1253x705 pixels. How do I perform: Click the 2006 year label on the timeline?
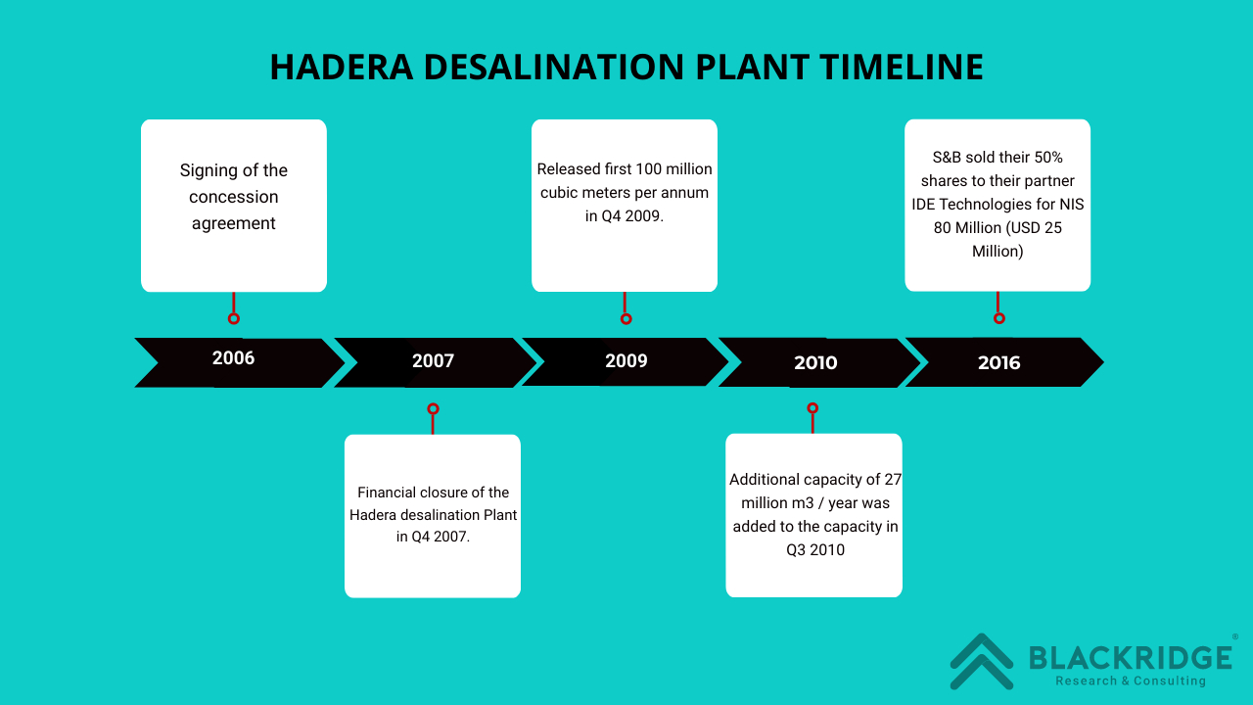(233, 358)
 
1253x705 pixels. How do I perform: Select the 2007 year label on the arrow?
(433, 361)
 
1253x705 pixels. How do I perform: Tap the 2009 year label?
(626, 361)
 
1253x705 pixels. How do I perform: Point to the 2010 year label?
(815, 363)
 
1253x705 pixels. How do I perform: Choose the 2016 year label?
(999, 363)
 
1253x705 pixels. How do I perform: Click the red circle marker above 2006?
(234, 318)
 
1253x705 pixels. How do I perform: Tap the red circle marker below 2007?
(433, 408)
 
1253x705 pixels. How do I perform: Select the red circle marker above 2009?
(626, 319)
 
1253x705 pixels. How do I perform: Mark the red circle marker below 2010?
(812, 408)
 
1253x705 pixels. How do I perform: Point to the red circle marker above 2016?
(999, 318)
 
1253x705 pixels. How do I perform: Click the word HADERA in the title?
(342, 68)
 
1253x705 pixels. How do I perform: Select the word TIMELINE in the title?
(902, 68)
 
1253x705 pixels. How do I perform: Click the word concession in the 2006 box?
(233, 197)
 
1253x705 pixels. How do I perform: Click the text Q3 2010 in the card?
(815, 550)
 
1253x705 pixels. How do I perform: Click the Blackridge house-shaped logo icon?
(982, 661)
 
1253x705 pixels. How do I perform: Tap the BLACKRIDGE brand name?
(1131, 658)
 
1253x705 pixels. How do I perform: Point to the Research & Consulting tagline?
(1131, 681)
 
